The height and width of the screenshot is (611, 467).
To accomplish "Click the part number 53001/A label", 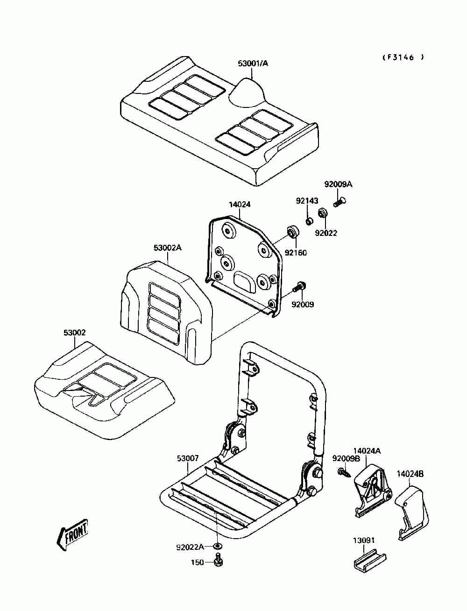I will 253,63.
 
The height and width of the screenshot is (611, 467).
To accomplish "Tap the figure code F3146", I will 403,57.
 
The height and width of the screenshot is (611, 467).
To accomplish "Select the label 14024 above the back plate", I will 240,204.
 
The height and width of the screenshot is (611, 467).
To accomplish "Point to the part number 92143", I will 307,201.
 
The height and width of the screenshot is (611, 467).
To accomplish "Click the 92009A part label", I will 338,185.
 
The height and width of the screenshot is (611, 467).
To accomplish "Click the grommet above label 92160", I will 293,231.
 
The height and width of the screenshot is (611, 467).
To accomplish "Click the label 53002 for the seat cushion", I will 75,333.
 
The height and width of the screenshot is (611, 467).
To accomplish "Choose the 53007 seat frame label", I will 188,459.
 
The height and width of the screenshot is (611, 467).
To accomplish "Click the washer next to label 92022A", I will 217,547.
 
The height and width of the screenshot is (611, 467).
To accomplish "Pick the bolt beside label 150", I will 218,561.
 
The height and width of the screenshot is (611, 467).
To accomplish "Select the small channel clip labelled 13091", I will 369,560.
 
